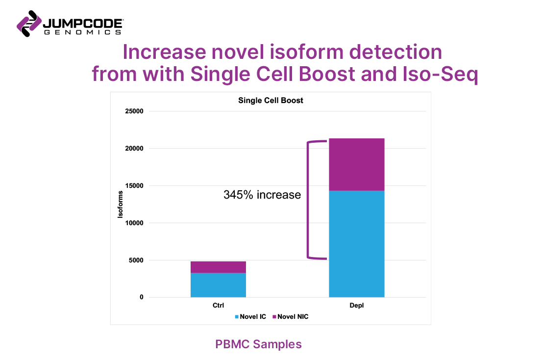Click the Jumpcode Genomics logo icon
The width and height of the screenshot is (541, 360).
(28, 23)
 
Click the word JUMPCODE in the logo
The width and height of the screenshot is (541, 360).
(83, 23)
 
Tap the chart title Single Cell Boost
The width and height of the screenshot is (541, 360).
(270, 101)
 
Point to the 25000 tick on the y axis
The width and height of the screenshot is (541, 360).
(133, 111)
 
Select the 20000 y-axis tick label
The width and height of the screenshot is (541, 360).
(133, 149)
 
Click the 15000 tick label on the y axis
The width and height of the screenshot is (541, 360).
(133, 186)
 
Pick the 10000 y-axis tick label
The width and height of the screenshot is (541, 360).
(133, 223)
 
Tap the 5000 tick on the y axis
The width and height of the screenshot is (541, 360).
(135, 260)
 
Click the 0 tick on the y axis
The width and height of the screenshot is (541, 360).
(141, 297)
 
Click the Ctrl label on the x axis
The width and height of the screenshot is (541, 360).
(218, 306)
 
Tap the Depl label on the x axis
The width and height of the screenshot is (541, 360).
(357, 306)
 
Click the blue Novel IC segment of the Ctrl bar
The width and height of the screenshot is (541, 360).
(218, 285)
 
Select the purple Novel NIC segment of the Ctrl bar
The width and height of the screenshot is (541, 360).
(218, 267)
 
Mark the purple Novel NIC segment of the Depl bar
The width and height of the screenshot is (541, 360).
(357, 164)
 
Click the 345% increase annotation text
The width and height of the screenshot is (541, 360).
(262, 195)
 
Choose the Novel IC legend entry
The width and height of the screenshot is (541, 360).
(251, 317)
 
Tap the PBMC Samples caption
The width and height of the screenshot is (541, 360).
(258, 344)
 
